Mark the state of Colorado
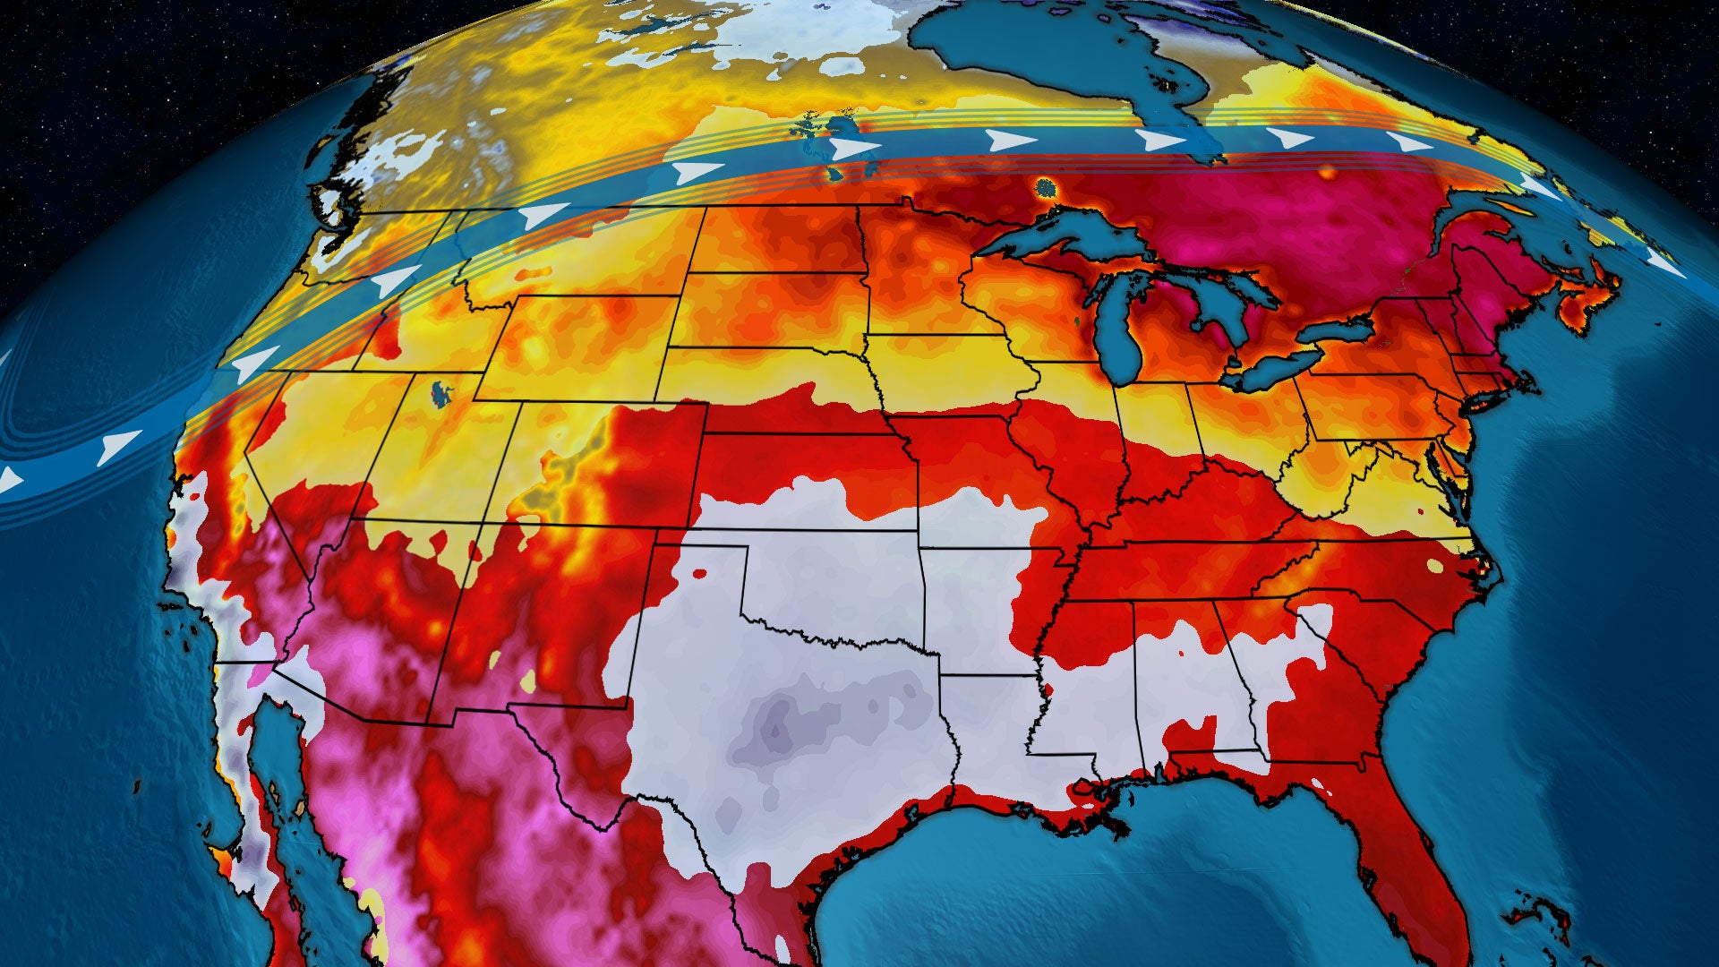click(x=609, y=466)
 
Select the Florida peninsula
click(x=1397, y=851)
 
